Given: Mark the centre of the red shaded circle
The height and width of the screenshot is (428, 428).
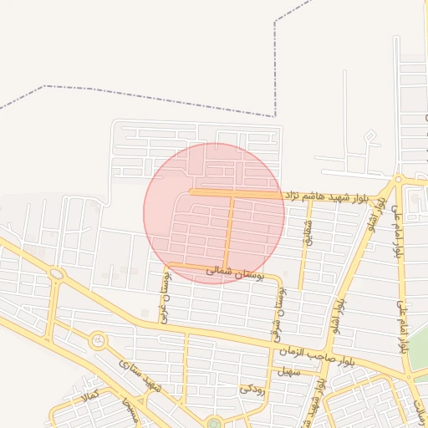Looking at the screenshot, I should pos(214,213).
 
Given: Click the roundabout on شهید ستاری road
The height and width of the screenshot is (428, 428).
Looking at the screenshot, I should pos(98,340).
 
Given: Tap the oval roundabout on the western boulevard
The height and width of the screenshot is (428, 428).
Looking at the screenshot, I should pos(56,273).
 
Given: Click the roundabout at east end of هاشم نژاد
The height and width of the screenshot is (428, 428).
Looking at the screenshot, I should pos(399,179).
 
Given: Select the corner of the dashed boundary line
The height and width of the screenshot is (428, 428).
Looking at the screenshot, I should pos(274,115).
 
